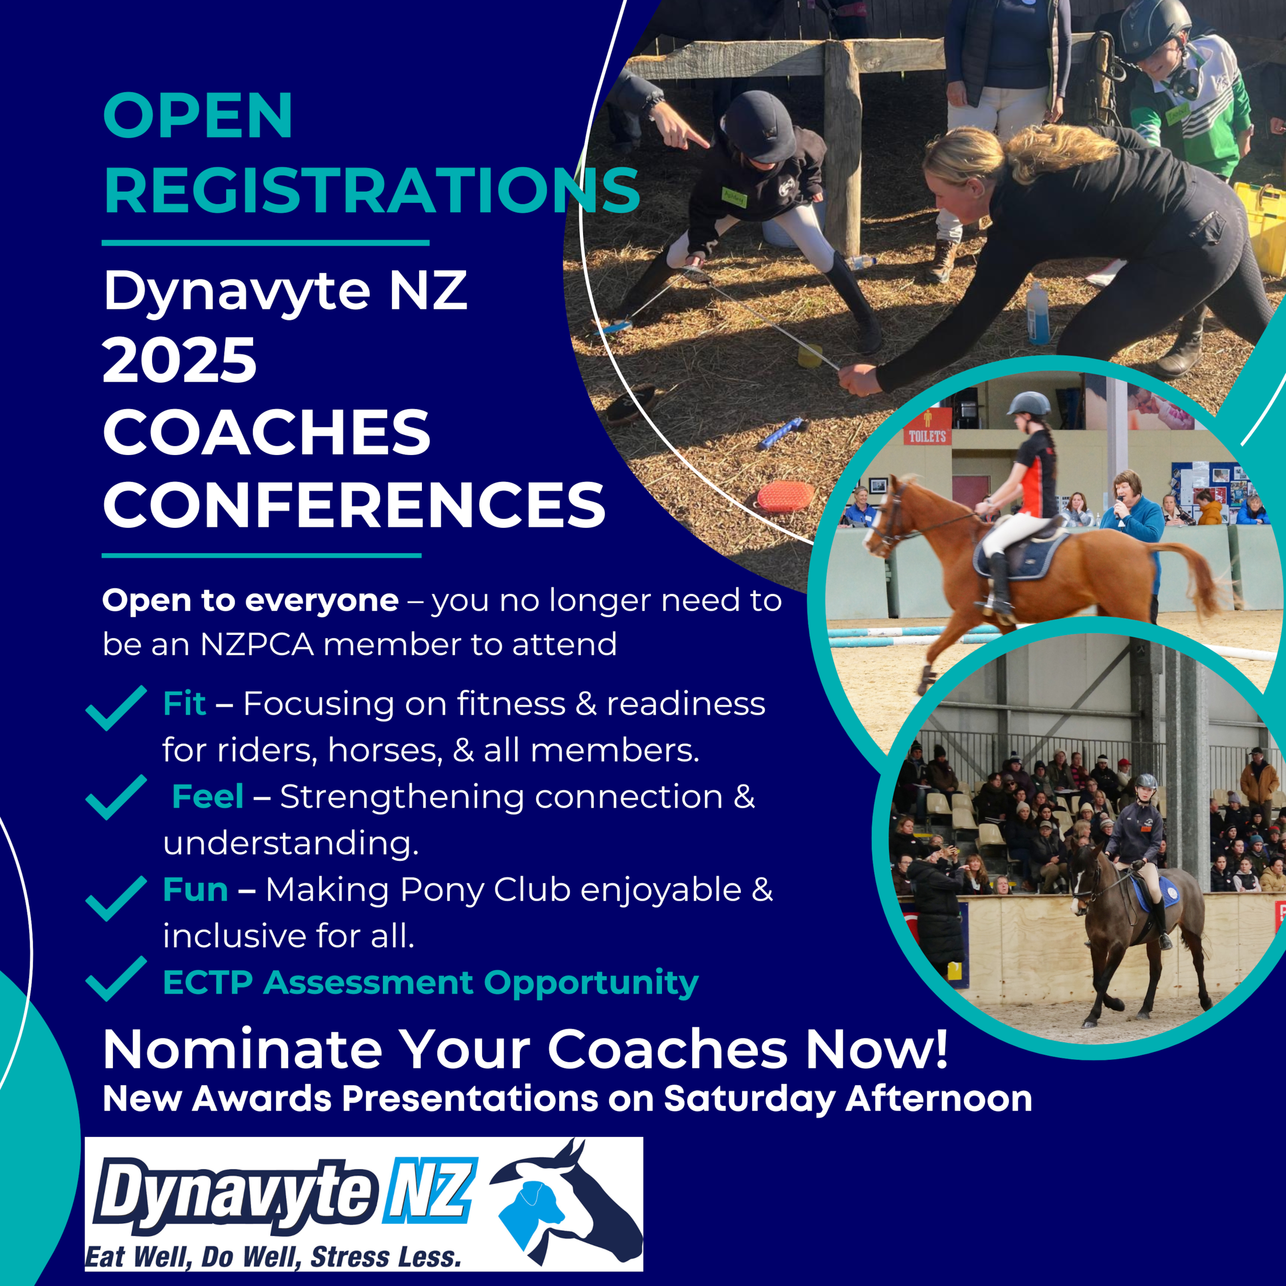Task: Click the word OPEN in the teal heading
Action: pyautogui.click(x=198, y=116)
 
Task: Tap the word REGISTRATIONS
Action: pyautogui.click(x=371, y=190)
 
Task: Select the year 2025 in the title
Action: pyautogui.click(x=180, y=360)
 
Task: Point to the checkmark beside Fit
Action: pyautogui.click(x=116, y=708)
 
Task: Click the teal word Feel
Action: pyautogui.click(x=207, y=797)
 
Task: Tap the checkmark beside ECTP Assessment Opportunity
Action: pyautogui.click(x=116, y=979)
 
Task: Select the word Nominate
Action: pyautogui.click(x=242, y=1050)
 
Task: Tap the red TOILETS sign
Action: pyautogui.click(x=927, y=436)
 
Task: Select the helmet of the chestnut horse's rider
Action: pyautogui.click(x=1029, y=404)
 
